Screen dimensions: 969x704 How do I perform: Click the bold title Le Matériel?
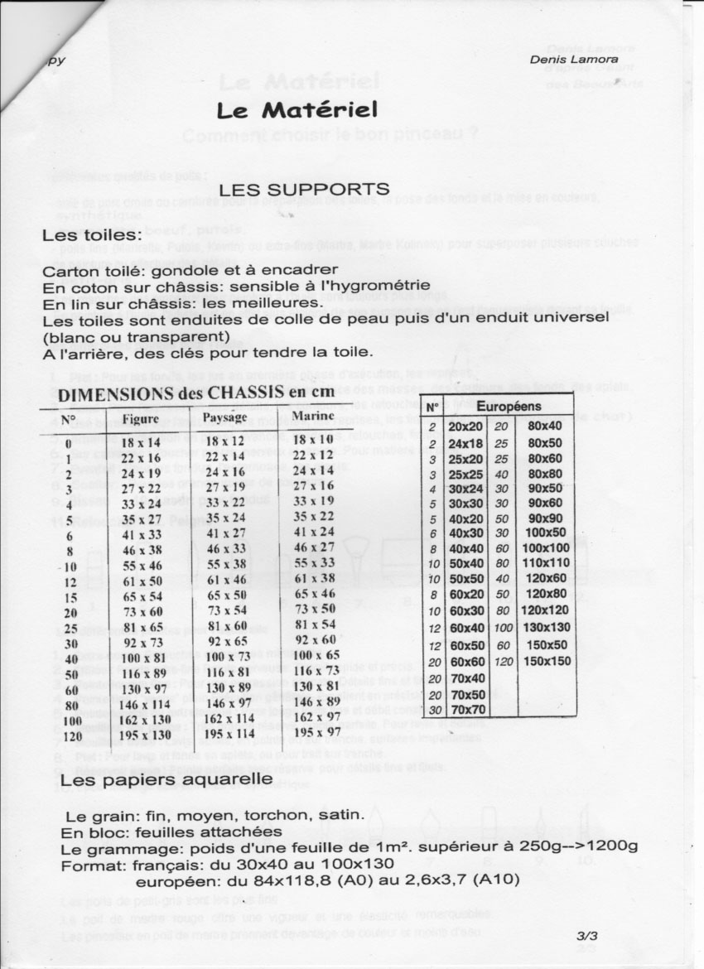pos(297,109)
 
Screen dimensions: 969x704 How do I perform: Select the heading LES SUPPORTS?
pos(304,189)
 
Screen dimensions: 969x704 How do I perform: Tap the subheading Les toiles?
pos(92,235)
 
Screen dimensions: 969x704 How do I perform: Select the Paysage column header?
pos(224,417)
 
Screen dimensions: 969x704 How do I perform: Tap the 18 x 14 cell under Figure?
pos(141,443)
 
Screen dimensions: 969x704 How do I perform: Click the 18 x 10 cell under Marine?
pos(313,439)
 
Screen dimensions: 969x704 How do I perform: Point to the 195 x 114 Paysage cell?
pos(229,733)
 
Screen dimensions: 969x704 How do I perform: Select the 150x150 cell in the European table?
pos(547,661)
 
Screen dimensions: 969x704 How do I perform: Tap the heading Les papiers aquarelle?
pos(156,779)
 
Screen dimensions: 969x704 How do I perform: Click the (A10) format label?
pos(497,880)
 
